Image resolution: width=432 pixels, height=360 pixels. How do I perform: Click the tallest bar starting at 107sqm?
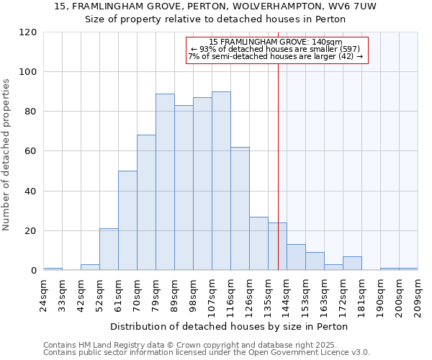[x=221, y=181]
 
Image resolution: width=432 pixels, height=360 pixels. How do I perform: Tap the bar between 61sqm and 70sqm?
[x=127, y=220]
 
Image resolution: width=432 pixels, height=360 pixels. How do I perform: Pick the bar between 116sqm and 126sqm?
[x=240, y=209]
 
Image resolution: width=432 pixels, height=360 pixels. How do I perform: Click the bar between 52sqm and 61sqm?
[x=109, y=249]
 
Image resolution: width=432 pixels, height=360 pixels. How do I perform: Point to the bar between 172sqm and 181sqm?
[x=352, y=264]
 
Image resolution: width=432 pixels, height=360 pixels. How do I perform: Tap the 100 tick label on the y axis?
[x=28, y=72]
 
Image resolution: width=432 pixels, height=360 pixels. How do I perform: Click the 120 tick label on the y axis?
[x=28, y=32]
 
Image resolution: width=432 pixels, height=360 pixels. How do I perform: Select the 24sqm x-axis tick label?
[x=44, y=296]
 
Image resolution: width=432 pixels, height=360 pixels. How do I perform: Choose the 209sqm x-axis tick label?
[x=418, y=296]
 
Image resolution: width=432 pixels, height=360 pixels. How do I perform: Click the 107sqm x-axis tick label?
[x=212, y=296]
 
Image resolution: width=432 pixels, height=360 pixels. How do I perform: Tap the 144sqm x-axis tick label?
[x=287, y=296]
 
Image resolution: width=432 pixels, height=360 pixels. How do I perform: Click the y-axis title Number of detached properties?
[x=6, y=155]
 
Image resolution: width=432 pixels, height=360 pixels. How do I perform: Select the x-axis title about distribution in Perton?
[x=230, y=326]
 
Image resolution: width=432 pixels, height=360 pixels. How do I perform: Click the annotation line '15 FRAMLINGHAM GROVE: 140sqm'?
[x=276, y=42]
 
